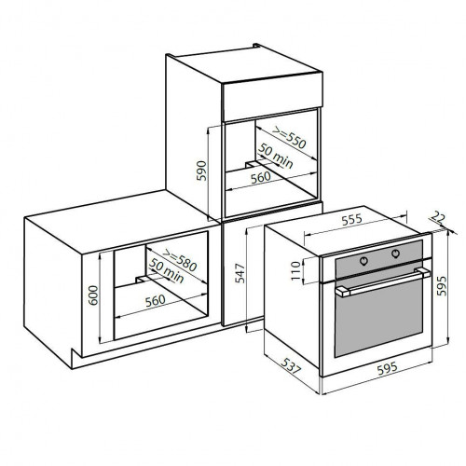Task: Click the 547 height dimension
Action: click(x=240, y=273)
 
